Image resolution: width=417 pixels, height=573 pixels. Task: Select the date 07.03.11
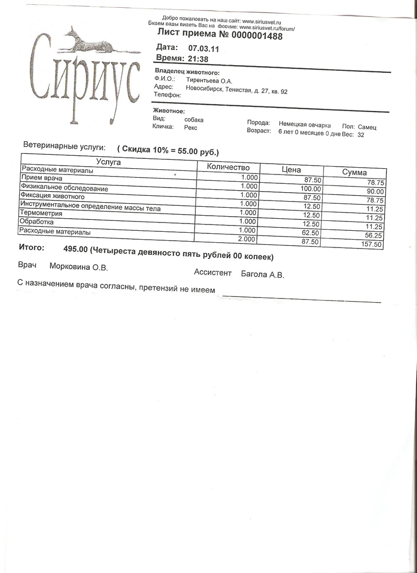203,48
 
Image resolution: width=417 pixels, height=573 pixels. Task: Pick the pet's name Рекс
191,127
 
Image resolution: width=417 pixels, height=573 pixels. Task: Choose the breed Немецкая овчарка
305,124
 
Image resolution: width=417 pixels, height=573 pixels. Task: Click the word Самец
367,127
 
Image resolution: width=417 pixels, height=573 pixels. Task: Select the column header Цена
291,170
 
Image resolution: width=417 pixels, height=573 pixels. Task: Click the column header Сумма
354,172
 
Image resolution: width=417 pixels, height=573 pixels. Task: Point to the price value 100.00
310,189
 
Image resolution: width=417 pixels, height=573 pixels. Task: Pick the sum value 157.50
372,244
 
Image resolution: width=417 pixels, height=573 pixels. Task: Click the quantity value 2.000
246,239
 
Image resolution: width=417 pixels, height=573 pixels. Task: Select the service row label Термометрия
41,213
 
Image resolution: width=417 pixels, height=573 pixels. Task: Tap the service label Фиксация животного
52,197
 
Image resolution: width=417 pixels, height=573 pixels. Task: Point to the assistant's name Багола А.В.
262,275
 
